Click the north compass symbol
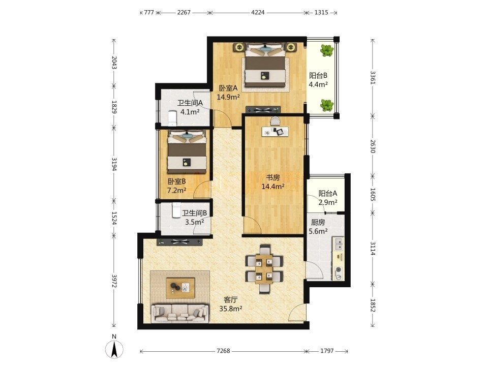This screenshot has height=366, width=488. coord(114,349)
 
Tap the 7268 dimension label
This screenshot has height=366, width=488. coord(223,351)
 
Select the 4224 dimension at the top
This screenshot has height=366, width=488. coord(258,12)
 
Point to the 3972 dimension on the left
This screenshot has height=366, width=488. coord(114,281)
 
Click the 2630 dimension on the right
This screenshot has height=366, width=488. coord(373,146)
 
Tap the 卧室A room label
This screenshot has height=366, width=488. coord(228,88)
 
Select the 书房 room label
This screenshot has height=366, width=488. coord(272,178)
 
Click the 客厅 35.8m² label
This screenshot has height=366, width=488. coord(231,304)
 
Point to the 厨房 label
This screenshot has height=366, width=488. coord(318,223)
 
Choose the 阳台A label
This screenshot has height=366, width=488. coord(328,193)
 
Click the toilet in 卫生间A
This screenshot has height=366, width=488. coord(172,118)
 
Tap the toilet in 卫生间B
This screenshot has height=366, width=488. coord(176,210)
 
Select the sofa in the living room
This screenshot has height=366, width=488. coord(179,314)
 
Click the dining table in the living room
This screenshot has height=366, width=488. coord(264,269)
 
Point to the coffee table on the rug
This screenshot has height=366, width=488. coord(180,288)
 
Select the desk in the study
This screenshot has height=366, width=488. coord(275,131)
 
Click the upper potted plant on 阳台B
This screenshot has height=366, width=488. coord(327,50)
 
